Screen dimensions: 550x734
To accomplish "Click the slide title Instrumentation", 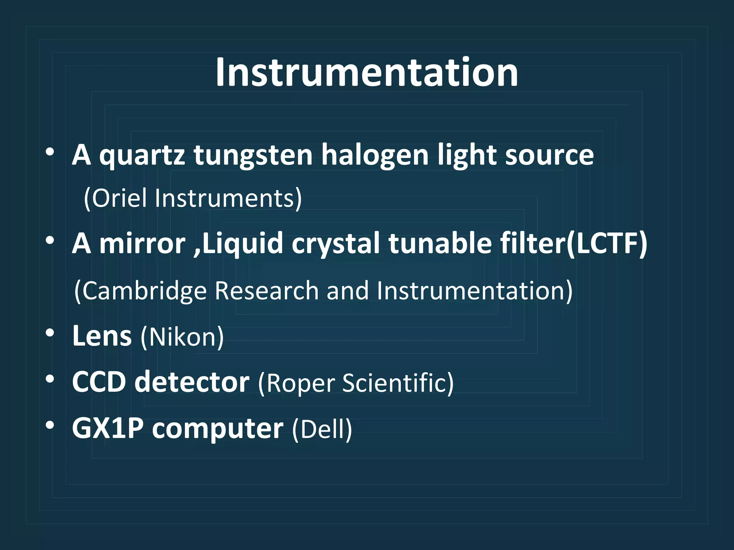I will point(367,73).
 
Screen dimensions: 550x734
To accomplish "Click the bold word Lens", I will point(102,336).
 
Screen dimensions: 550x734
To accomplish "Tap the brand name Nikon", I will point(182,337).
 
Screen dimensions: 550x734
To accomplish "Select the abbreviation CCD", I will point(99,382).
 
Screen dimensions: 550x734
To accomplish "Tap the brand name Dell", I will point(321,429).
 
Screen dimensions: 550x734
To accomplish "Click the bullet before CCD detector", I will point(50,379).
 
